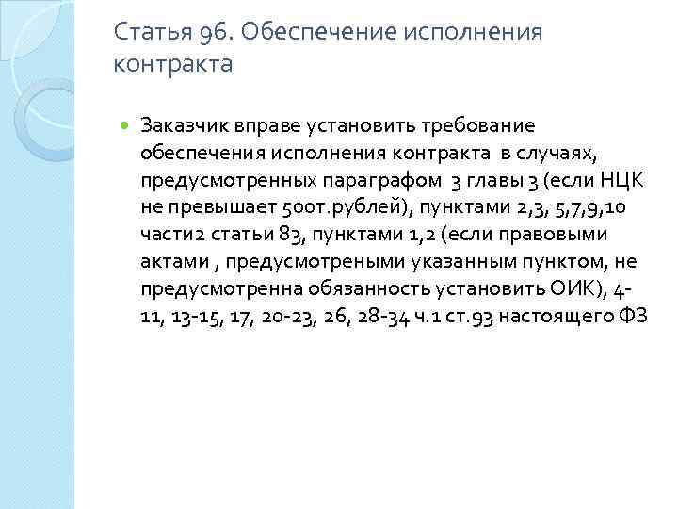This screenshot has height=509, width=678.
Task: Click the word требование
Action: click(471, 126)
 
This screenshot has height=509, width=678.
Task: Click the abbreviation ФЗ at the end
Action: click(632, 316)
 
